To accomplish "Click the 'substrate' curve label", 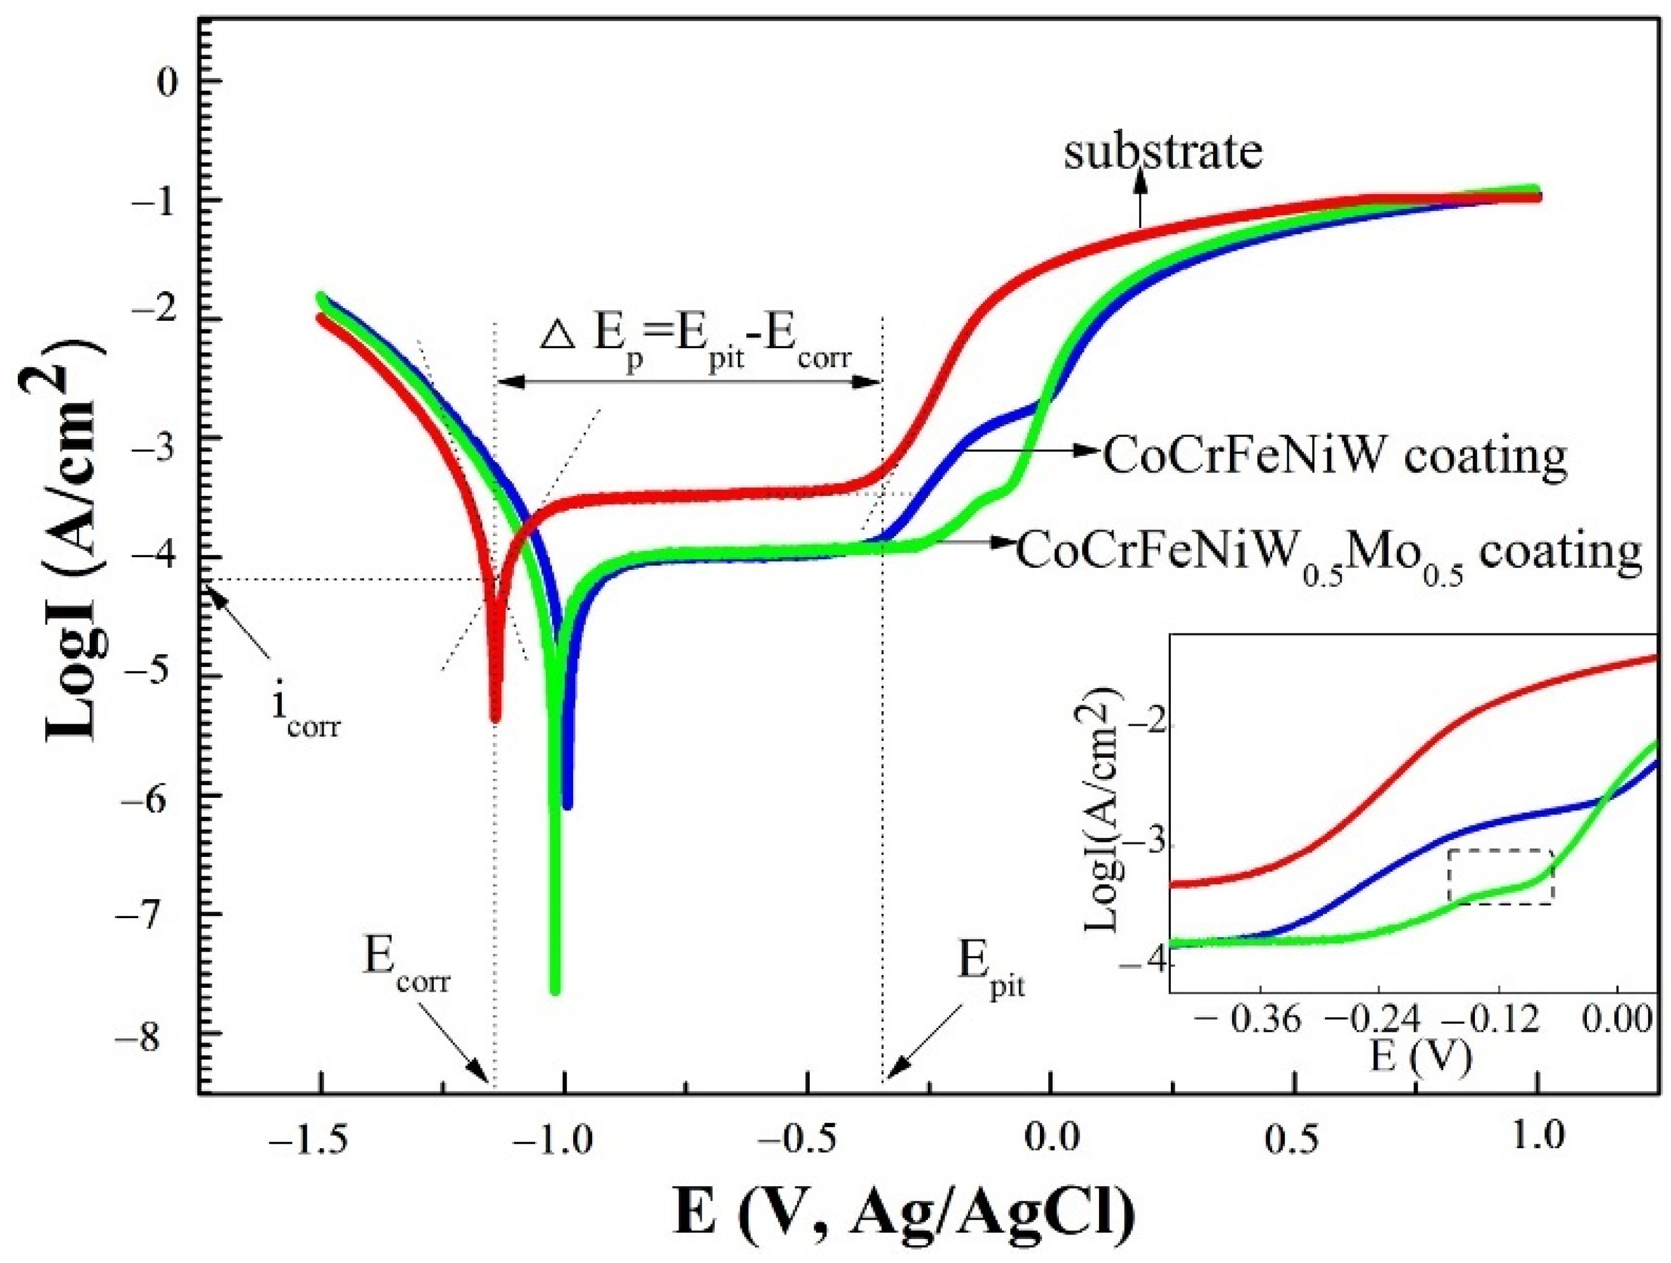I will click(x=1164, y=153).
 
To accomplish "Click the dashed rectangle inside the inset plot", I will click(x=1500, y=876).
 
